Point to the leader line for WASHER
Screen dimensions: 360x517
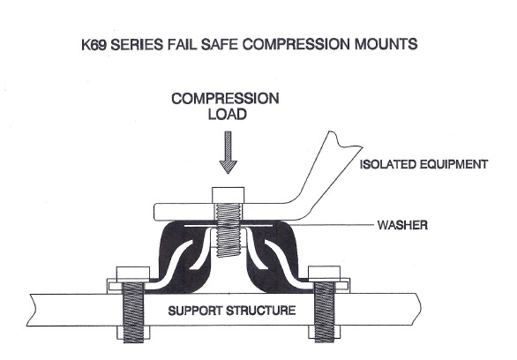tap(344, 226)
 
